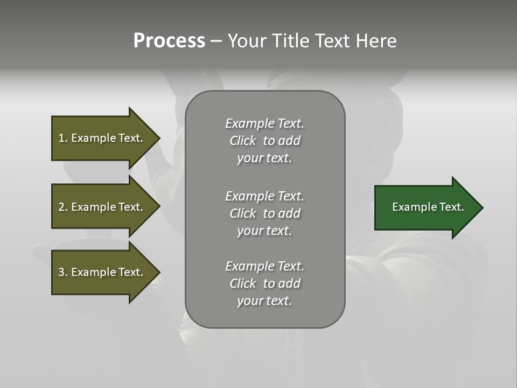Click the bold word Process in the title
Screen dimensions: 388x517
point(169,41)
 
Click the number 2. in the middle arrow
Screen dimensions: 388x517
point(62,207)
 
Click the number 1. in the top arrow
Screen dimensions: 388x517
point(62,138)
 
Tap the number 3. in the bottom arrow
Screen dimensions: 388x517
point(62,272)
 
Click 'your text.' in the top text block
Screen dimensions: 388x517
point(264,158)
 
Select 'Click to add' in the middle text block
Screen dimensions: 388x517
point(264,213)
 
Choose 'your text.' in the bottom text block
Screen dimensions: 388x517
point(264,301)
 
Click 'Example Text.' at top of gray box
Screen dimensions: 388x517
point(264,123)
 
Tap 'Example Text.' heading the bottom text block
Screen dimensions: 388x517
point(264,266)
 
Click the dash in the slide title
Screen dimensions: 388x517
point(216,41)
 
